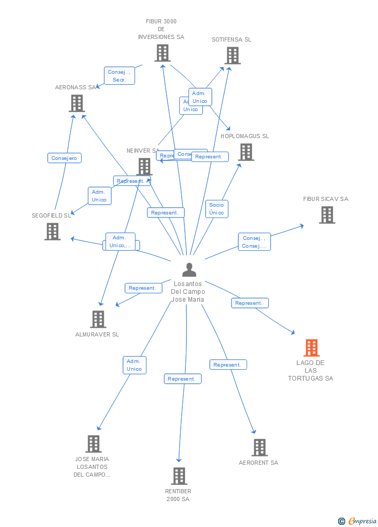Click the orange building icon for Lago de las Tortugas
tap(312, 348)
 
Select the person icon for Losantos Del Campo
tap(190, 270)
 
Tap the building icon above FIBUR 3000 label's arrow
tap(163, 53)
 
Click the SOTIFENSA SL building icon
tap(232, 56)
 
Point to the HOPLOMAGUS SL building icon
tap(246, 152)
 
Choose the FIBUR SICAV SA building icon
tap(327, 215)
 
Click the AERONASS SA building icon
tap(77, 103)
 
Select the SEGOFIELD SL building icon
tap(52, 232)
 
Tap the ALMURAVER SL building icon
tap(98, 319)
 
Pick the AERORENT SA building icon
tap(259, 448)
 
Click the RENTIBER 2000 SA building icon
tap(179, 476)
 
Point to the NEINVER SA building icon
tap(144, 167)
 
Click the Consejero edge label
tap(64, 158)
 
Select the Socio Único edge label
tap(217, 209)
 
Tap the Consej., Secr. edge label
tap(119, 76)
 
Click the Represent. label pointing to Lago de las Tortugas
tap(250, 303)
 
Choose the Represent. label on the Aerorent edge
tap(228, 365)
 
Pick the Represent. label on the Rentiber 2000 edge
tap(182, 379)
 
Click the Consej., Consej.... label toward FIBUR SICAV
tap(254, 242)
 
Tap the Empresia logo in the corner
tap(358, 521)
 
